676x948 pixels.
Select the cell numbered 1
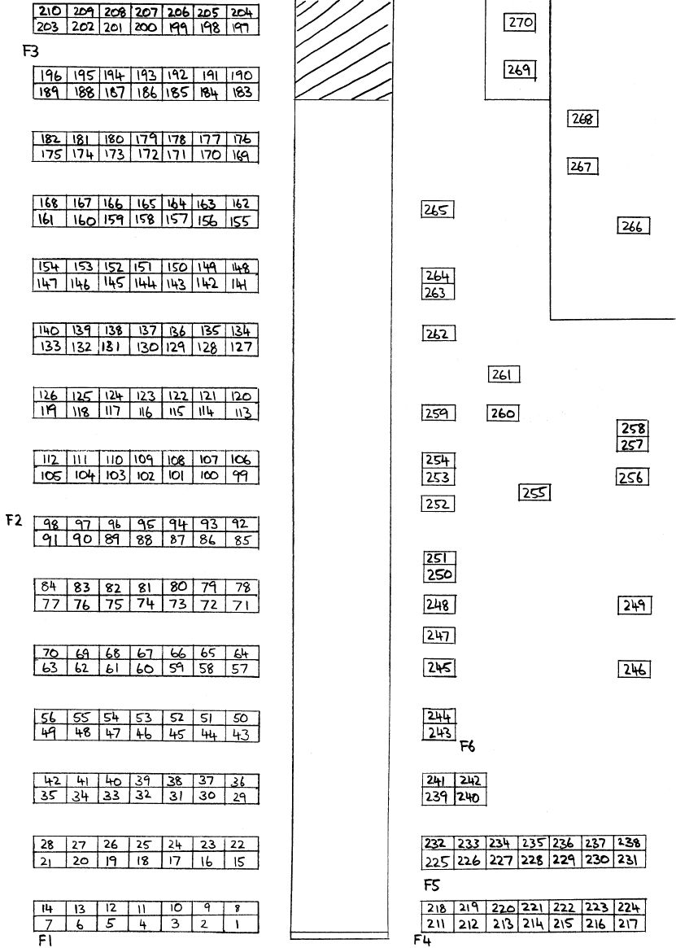pyautogui.click(x=241, y=924)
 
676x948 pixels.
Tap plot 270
pyautogui.click(x=519, y=23)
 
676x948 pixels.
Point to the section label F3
pyautogui.click(x=30, y=51)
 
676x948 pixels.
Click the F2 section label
pyautogui.click(x=14, y=520)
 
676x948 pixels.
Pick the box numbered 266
pyautogui.click(x=632, y=227)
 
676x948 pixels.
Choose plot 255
pyautogui.click(x=534, y=493)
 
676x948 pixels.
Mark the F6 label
pyautogui.click(x=468, y=747)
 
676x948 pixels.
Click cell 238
pyautogui.click(x=630, y=843)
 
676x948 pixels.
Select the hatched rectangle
pyautogui.click(x=342, y=50)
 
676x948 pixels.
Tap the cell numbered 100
pyautogui.click(x=208, y=476)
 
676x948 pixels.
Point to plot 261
pyautogui.click(x=503, y=375)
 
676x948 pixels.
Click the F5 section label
pyautogui.click(x=431, y=885)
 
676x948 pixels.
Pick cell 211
pyautogui.click(x=437, y=924)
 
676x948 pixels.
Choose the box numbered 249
pyautogui.click(x=635, y=605)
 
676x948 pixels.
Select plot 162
pyautogui.click(x=242, y=203)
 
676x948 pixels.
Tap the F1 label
pyautogui.click(x=46, y=940)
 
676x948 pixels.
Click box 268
pyautogui.click(x=582, y=119)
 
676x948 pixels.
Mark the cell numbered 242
pyautogui.click(x=470, y=780)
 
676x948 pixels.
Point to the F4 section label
pyautogui.click(x=422, y=940)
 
